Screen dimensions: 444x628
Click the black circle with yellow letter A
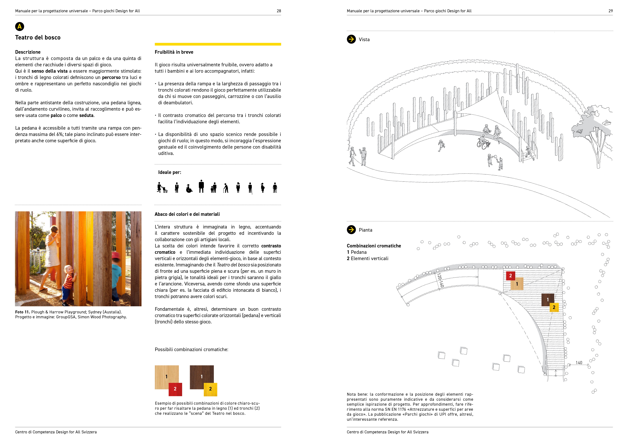click(19, 27)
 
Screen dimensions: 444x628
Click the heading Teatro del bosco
click(38, 37)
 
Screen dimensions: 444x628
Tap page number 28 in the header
click(279, 11)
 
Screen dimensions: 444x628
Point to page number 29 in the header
click(611, 11)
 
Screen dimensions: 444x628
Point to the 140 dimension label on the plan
click(579, 362)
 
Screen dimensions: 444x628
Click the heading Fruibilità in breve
click(174, 52)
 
